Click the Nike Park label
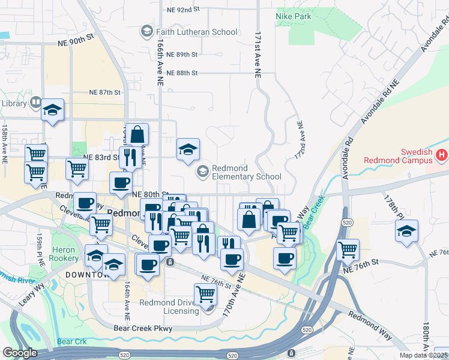point(294,16)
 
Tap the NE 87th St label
point(105,92)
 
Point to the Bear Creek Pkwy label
point(143,328)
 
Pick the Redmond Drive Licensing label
point(169,307)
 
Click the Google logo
point(20,353)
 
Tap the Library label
point(14,103)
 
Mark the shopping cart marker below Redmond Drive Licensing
point(205,294)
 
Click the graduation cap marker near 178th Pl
point(406,230)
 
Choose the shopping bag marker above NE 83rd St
point(137,134)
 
